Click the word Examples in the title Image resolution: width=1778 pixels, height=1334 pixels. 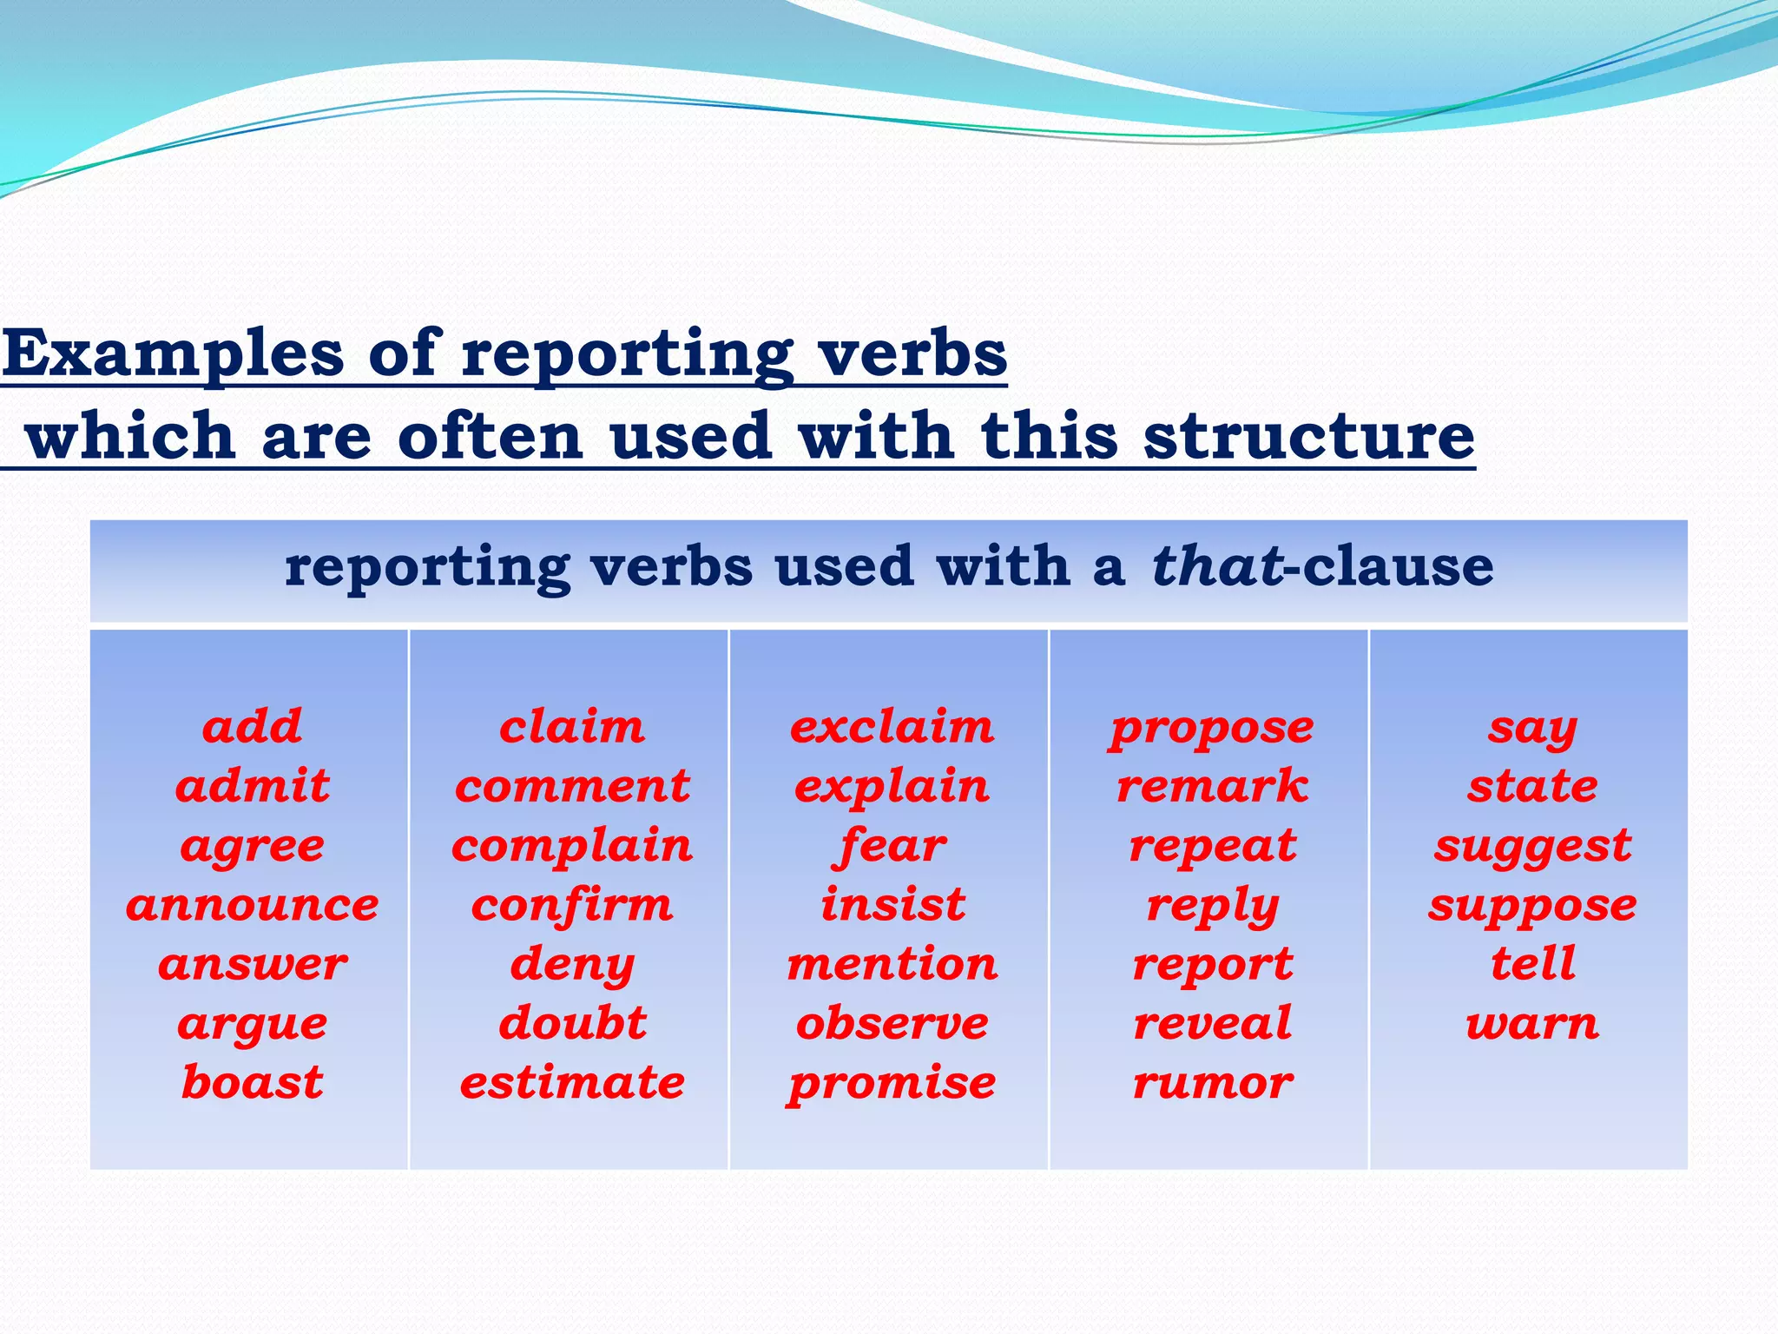coord(173,354)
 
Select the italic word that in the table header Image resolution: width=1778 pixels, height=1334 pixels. coord(1217,566)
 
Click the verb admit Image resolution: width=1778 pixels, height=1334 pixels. coord(253,786)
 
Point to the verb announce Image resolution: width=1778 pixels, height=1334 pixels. coord(253,905)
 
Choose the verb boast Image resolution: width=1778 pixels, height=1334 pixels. coord(253,1083)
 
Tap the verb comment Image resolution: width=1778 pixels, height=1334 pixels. coord(572,786)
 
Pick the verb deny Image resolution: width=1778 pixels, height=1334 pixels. coord(572,966)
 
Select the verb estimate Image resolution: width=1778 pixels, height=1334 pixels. coord(572,1083)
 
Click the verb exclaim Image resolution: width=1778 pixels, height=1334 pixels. coord(892,727)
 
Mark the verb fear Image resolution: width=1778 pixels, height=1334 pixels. coord(892,846)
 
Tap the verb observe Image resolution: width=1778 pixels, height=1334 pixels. coord(892,1024)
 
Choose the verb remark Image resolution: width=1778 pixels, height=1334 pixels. coord(1212,786)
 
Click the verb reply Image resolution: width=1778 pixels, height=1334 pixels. coord(1212,907)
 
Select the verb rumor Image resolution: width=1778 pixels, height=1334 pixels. coord(1212,1083)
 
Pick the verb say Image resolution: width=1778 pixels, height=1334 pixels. coord(1532,729)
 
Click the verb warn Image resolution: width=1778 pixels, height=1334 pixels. coord(1532,1024)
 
